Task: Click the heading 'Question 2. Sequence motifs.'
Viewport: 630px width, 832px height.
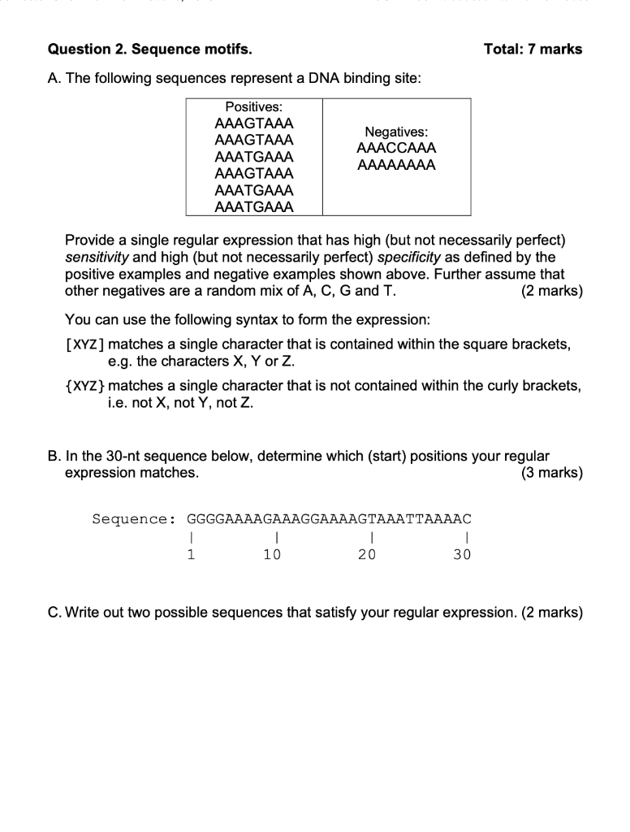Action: click(x=149, y=50)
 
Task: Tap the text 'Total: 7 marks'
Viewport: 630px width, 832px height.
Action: click(x=533, y=50)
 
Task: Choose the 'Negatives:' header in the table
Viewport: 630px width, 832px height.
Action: click(x=396, y=132)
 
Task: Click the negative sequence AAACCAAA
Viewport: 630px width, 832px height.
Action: click(x=396, y=149)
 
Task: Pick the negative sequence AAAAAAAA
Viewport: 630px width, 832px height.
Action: click(x=396, y=166)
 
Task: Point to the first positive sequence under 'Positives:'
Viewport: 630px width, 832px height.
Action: click(x=253, y=123)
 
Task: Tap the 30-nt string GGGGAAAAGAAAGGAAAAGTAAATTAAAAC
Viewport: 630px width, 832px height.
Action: click(x=329, y=518)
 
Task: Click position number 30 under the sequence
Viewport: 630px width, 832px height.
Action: click(x=462, y=555)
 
